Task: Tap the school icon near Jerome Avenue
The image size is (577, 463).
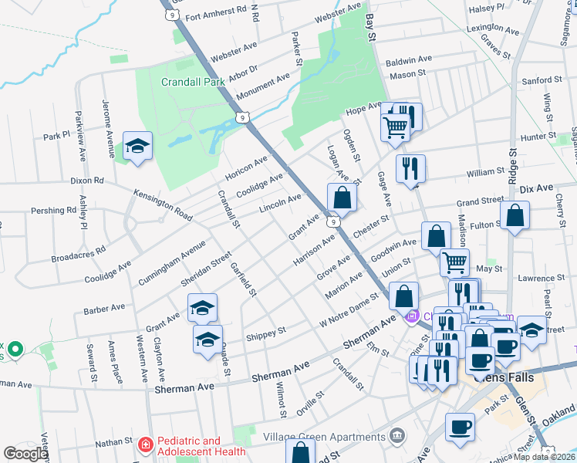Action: click(137, 147)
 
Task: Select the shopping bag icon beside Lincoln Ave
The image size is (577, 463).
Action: click(342, 198)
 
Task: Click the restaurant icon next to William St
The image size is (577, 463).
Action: click(410, 168)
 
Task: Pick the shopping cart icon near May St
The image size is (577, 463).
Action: click(454, 262)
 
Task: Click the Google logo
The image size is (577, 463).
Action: click(25, 454)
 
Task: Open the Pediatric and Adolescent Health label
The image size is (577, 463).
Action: click(201, 446)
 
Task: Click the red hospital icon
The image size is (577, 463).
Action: click(144, 445)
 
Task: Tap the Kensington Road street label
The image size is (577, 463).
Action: click(163, 202)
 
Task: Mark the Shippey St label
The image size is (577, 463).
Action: click(266, 333)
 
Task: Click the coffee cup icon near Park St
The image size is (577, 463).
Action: click(461, 427)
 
